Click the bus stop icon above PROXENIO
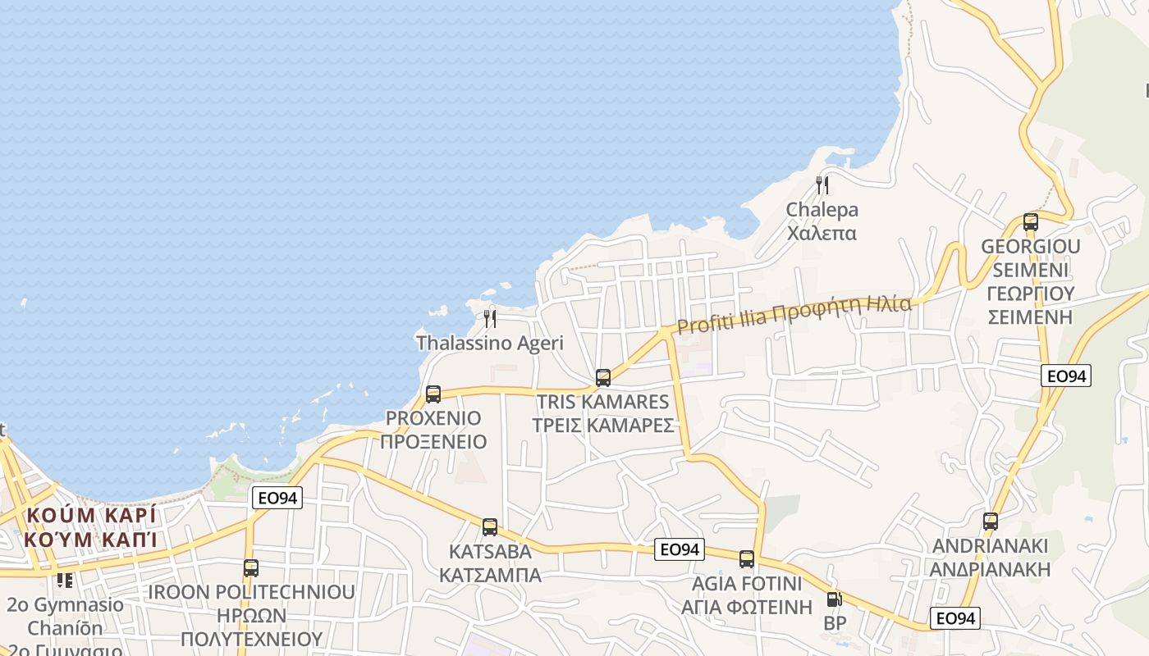[433, 394]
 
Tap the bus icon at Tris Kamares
[603, 378]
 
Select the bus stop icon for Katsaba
[490, 527]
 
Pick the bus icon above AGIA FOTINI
[747, 559]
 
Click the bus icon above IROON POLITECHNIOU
[251, 567]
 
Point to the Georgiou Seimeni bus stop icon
[1031, 221]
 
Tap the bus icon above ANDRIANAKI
[991, 522]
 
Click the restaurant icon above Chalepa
[822, 185]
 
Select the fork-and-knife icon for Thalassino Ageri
[490, 318]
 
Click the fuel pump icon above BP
[834, 599]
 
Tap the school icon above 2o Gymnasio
[65, 581]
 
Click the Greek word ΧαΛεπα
[822, 233]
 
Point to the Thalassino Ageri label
[490, 343]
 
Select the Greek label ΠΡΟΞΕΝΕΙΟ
[433, 442]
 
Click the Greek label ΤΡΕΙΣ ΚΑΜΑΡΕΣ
[603, 426]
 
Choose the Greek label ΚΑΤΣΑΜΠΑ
[490, 575]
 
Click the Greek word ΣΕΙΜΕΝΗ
[1031, 317]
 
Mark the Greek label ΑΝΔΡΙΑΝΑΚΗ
[991, 569]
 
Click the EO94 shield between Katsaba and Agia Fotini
[680, 549]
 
